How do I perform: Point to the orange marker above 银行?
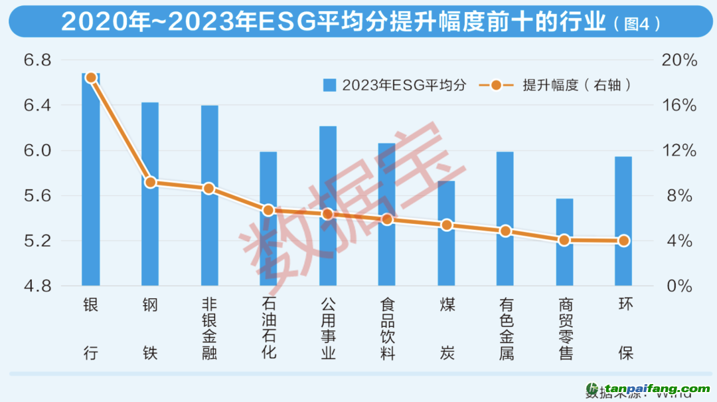tap(92, 78)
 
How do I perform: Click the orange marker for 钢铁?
tap(151, 182)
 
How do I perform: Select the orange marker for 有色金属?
tap(505, 231)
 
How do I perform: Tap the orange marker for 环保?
tap(623, 241)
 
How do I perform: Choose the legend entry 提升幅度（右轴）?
tap(558, 85)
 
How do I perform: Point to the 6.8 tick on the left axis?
tap(37, 60)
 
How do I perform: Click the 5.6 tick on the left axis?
tap(37, 196)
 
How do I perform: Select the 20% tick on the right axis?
tap(678, 60)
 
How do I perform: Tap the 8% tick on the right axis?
tap(678, 196)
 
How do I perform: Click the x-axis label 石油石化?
tap(268, 328)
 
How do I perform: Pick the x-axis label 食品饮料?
tap(387, 328)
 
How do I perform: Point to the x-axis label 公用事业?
tap(327, 328)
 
